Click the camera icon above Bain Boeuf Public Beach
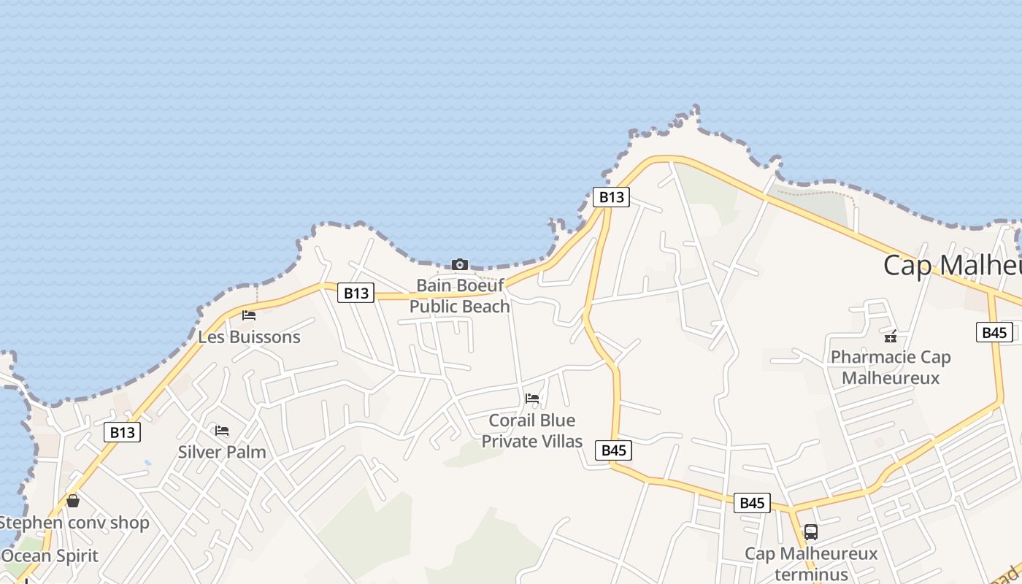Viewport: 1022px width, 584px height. coord(459,264)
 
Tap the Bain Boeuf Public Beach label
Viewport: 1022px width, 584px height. coord(459,296)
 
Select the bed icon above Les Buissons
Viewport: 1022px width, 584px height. coord(249,315)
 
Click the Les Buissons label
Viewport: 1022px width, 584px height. coord(249,337)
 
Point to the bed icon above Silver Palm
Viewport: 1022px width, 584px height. coord(222,431)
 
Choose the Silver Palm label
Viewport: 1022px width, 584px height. coord(222,452)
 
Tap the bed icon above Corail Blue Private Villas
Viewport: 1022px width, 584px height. coord(532,399)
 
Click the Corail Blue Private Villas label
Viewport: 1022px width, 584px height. coord(532,431)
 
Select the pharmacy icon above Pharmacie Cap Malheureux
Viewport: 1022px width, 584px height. coord(891,336)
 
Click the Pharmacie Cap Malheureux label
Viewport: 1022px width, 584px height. coord(891,367)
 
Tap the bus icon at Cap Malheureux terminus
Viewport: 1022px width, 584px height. coord(810,531)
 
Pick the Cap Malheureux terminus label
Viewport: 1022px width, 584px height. coord(811,564)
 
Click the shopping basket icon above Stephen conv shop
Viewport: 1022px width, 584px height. coord(72,501)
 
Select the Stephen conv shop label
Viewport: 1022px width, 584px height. coord(73,523)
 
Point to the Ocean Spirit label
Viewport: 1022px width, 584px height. coord(50,556)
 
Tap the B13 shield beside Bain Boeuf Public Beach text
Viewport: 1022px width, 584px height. coord(356,293)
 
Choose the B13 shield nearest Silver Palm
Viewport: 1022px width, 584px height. coord(122,432)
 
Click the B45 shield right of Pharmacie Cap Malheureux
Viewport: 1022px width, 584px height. coord(994,332)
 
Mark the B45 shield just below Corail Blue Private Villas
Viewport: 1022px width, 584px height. coord(613,450)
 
